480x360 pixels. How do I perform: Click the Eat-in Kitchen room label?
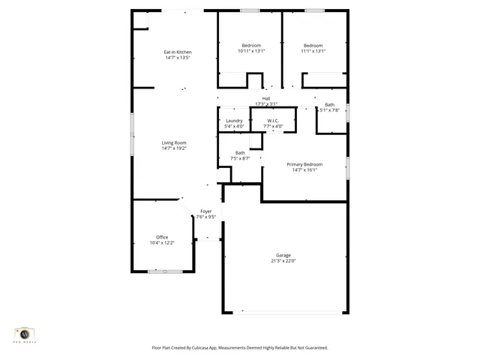pyautogui.click(x=177, y=52)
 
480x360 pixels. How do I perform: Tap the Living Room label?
pyautogui.click(x=174, y=142)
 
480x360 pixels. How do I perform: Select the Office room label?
pyautogui.click(x=162, y=237)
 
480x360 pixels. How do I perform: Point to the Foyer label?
pyautogui.click(x=205, y=211)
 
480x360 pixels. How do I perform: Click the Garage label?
pyautogui.click(x=283, y=255)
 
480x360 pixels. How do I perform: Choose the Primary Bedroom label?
pyautogui.click(x=305, y=163)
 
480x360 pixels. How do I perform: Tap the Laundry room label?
pyautogui.click(x=234, y=121)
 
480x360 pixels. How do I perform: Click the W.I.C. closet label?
pyautogui.click(x=273, y=121)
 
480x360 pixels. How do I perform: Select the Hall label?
pyautogui.click(x=266, y=98)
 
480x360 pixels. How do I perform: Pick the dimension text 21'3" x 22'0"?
pyautogui.click(x=283, y=261)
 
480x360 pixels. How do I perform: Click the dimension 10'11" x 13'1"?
pyautogui.click(x=250, y=51)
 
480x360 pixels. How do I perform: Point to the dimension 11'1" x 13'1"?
pyautogui.click(x=313, y=51)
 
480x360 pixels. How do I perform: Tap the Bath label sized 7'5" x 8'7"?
pyautogui.click(x=240, y=153)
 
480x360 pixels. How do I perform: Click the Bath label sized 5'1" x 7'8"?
pyautogui.click(x=330, y=105)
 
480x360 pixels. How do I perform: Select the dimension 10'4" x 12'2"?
pyautogui.click(x=162, y=243)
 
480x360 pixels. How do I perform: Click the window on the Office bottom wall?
pyautogui.click(x=163, y=271)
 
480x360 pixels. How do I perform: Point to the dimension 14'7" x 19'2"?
pyautogui.click(x=174, y=148)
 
